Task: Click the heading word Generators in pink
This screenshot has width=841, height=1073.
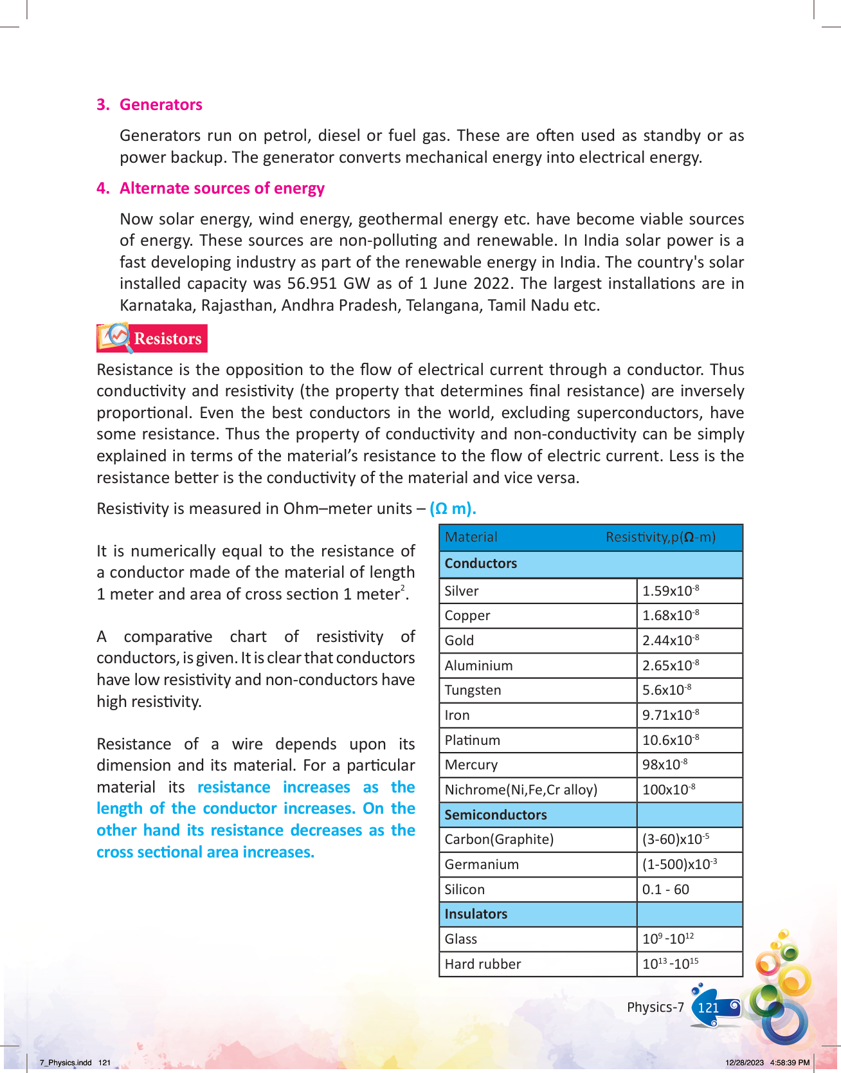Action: point(161,105)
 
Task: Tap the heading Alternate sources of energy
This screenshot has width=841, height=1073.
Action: point(222,188)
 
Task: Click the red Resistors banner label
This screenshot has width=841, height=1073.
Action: point(167,339)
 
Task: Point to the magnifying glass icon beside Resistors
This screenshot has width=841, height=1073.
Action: point(118,336)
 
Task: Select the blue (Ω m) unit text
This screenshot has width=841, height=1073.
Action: point(453,509)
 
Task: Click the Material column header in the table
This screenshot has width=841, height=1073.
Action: point(471,537)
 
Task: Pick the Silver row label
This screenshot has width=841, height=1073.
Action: point(462,591)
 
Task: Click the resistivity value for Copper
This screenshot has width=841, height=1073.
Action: point(671,616)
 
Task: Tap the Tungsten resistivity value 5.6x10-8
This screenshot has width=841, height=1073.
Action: point(667,690)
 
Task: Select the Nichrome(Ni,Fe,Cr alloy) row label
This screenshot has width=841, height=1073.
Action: point(521,790)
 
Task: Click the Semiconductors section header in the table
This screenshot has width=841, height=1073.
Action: point(496,815)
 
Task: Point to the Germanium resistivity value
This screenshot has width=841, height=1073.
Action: point(680,865)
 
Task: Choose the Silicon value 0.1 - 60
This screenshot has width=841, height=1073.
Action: point(665,890)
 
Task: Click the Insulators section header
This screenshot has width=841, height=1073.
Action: point(476,914)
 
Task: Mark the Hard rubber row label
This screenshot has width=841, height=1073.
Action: point(483,964)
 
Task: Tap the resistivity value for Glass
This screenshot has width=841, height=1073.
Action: point(668,939)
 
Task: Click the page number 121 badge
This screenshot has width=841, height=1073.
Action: point(709,1008)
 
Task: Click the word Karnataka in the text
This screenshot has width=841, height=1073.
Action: point(158,306)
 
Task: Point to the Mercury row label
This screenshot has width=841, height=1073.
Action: point(471,765)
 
